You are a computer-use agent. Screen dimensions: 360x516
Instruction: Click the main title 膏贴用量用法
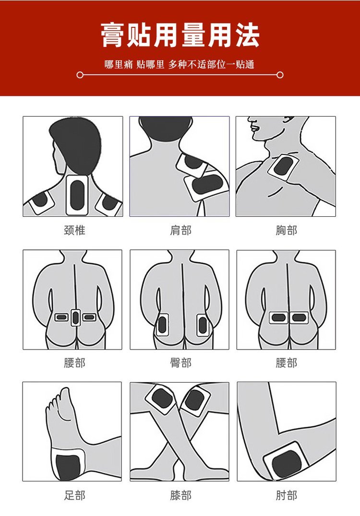pos(180,35)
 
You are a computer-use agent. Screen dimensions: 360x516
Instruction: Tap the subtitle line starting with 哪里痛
pos(180,64)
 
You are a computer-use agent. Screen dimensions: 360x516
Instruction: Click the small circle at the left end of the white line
pos(80,75)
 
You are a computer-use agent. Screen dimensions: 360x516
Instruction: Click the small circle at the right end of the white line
pos(280,75)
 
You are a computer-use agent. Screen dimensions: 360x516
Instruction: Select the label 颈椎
pos(74,230)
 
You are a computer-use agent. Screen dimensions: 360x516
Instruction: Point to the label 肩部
pos(180,230)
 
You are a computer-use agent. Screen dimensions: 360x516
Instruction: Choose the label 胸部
pos(287,230)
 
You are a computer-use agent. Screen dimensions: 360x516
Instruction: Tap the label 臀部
pos(180,363)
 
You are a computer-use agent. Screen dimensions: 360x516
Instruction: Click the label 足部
pos(74,495)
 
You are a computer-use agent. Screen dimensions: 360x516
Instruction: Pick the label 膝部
pos(180,495)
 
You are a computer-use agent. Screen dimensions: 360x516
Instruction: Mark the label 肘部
pos(287,495)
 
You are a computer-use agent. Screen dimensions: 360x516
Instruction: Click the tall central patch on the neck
pos(77,195)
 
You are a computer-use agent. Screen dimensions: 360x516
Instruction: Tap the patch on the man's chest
pos(283,167)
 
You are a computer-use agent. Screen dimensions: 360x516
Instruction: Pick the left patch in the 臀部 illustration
pos(162,325)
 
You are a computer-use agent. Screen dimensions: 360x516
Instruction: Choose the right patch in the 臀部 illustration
pos(202,325)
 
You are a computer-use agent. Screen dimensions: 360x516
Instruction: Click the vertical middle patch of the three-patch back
pos(76,317)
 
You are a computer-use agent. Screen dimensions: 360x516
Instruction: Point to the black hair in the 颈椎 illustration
pos(76,145)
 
